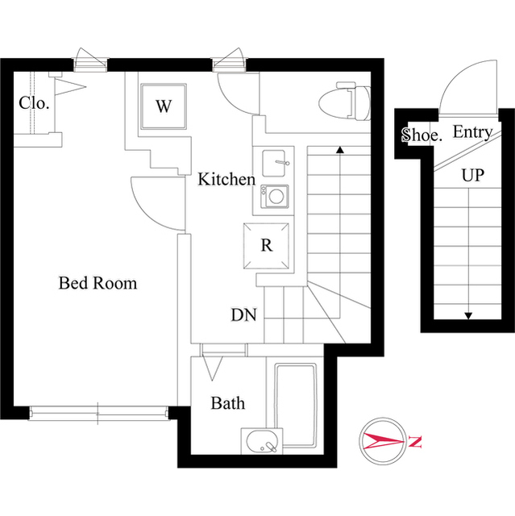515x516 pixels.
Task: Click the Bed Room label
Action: [x=98, y=283]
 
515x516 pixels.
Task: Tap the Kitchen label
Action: [x=226, y=180]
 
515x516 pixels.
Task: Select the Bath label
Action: [x=228, y=402]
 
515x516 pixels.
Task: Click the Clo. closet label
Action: [x=35, y=103]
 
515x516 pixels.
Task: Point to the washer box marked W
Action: [x=164, y=106]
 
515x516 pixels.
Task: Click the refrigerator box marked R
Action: [x=266, y=246]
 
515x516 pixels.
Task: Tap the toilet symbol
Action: [x=343, y=102]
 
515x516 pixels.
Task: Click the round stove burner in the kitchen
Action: [x=276, y=196]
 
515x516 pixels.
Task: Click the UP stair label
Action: [x=473, y=175]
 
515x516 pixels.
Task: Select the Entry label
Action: [x=473, y=132]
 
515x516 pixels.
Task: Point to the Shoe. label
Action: [x=422, y=135]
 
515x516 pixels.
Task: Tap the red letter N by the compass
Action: [x=414, y=442]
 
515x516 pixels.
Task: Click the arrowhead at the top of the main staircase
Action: [x=340, y=149]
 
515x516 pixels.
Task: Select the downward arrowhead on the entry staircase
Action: [x=467, y=315]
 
